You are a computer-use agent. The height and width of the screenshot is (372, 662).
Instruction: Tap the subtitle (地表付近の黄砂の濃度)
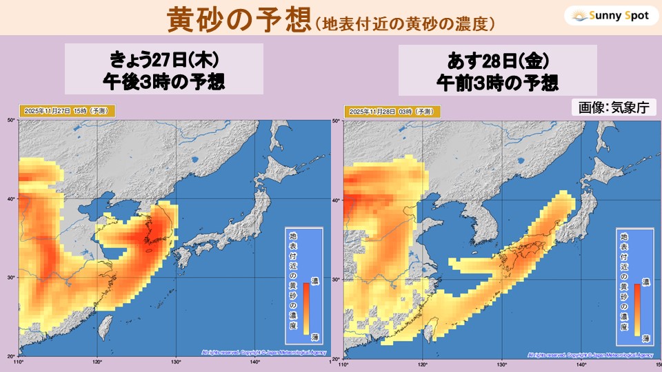point(403,23)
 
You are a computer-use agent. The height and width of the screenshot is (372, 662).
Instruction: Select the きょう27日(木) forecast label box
point(164,70)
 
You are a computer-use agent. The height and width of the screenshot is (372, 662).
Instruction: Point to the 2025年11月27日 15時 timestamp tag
point(66,110)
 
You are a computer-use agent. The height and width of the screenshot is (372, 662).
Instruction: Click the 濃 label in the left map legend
point(314,282)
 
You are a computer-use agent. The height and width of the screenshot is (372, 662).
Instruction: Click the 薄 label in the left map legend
point(314,335)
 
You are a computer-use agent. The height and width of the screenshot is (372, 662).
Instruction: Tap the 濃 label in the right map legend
point(646,282)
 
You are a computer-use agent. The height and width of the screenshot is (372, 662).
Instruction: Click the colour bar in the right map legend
point(637,309)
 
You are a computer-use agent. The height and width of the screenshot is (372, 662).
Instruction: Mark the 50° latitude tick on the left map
point(11,120)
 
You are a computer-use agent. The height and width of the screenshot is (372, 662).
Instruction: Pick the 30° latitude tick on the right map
point(337,280)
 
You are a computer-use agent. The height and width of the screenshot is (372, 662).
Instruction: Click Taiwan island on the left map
point(104,328)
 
